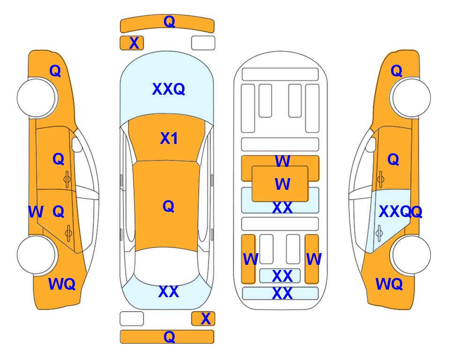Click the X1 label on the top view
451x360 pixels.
[169, 138]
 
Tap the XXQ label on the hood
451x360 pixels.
[169, 89]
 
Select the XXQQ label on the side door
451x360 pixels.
[400, 212]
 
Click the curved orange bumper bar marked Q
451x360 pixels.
[167, 23]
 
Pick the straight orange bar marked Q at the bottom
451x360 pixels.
[167, 337]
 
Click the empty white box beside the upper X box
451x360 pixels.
[203, 43]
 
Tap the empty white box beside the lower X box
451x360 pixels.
[132, 319]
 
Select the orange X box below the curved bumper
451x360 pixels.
[132, 43]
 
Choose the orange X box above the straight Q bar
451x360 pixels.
[203, 319]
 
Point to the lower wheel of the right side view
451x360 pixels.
[411, 255]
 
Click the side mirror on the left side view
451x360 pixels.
[77, 144]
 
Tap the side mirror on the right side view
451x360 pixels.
[371, 144]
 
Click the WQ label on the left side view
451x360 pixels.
[62, 284]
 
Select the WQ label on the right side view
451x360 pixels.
[389, 284]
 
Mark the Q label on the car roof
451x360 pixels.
[169, 206]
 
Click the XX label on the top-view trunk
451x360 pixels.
[169, 292]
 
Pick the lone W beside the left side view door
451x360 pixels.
[36, 212]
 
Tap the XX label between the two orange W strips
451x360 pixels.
[282, 276]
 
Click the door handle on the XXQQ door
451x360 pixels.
[379, 233]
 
